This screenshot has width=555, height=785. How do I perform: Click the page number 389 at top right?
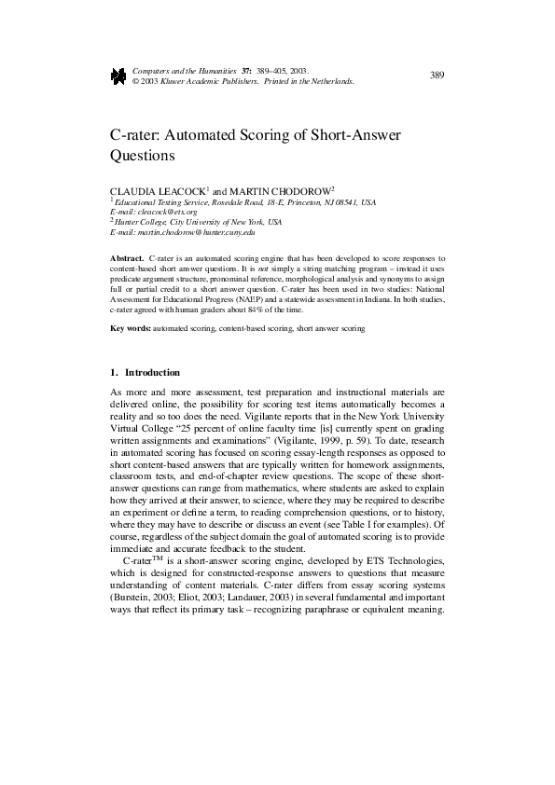(x=437, y=75)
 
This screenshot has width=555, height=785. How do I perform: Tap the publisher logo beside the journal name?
(x=118, y=76)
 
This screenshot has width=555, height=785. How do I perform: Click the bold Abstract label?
(x=127, y=256)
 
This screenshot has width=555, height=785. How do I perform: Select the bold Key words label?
(x=131, y=329)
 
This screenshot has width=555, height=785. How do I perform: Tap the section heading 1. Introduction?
(x=146, y=373)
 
